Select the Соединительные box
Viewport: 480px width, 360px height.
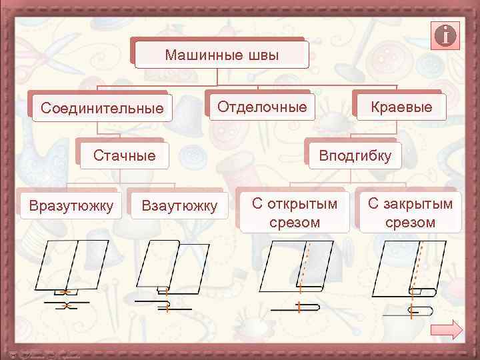click(x=101, y=107)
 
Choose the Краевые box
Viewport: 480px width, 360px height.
click(x=401, y=107)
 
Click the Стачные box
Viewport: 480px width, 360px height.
click(x=124, y=156)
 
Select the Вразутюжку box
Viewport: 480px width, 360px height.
click(x=70, y=203)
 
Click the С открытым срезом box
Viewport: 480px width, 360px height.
click(x=295, y=213)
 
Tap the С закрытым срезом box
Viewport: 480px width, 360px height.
click(x=410, y=213)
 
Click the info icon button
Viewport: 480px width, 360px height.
click(x=446, y=35)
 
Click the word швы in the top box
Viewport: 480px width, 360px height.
click(x=261, y=55)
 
